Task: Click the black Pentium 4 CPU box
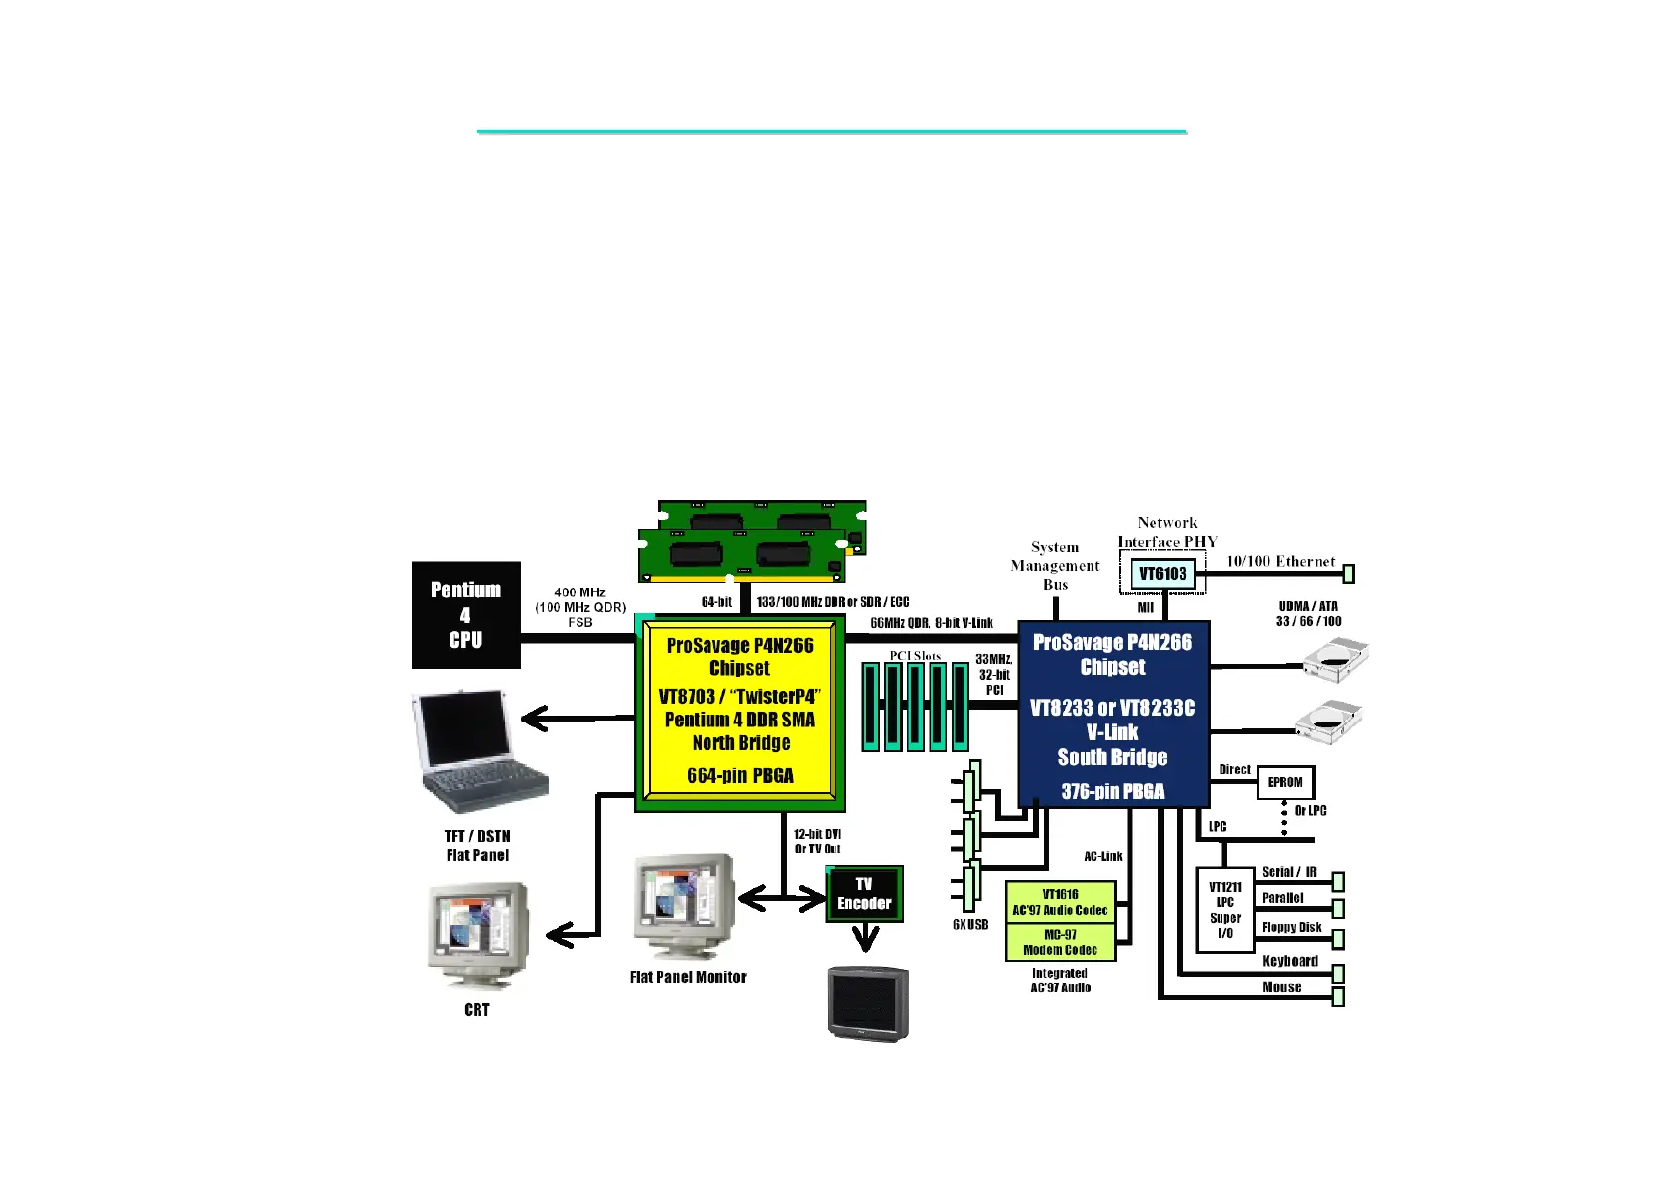pos(465,614)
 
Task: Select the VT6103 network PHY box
pos(1162,574)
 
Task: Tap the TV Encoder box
pos(864,894)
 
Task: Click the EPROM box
pos(1285,782)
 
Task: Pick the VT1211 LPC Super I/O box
pos(1225,910)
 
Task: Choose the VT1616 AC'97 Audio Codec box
pos(1060,902)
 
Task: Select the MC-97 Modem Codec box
pos(1060,942)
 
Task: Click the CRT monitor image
pos(477,936)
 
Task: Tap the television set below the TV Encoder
pos(868,1002)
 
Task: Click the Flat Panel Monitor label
pos(688,977)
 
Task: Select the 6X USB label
pos(970,924)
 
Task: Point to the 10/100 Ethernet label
pos(1280,561)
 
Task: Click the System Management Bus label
pos(1055,566)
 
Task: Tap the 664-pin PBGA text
pos(740,775)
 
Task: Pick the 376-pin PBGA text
pos(1112,791)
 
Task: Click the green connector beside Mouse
pos(1337,996)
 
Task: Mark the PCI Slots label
pos(915,656)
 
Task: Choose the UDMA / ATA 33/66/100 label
pos(1308,614)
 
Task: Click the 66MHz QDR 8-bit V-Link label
pos(932,623)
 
